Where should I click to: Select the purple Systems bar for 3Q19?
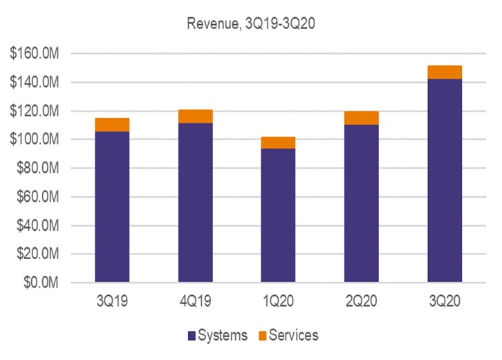[112, 207]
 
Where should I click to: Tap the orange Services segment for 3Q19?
[112, 124]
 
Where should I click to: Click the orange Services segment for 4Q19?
[195, 116]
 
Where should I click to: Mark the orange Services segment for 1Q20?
[278, 142]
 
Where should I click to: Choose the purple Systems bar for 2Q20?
[361, 203]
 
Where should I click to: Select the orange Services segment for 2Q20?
[361, 117]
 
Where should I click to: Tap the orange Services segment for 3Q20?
[444, 72]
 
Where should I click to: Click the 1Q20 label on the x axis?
[278, 302]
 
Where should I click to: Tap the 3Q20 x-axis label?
[444, 302]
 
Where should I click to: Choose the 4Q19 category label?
[195, 302]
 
